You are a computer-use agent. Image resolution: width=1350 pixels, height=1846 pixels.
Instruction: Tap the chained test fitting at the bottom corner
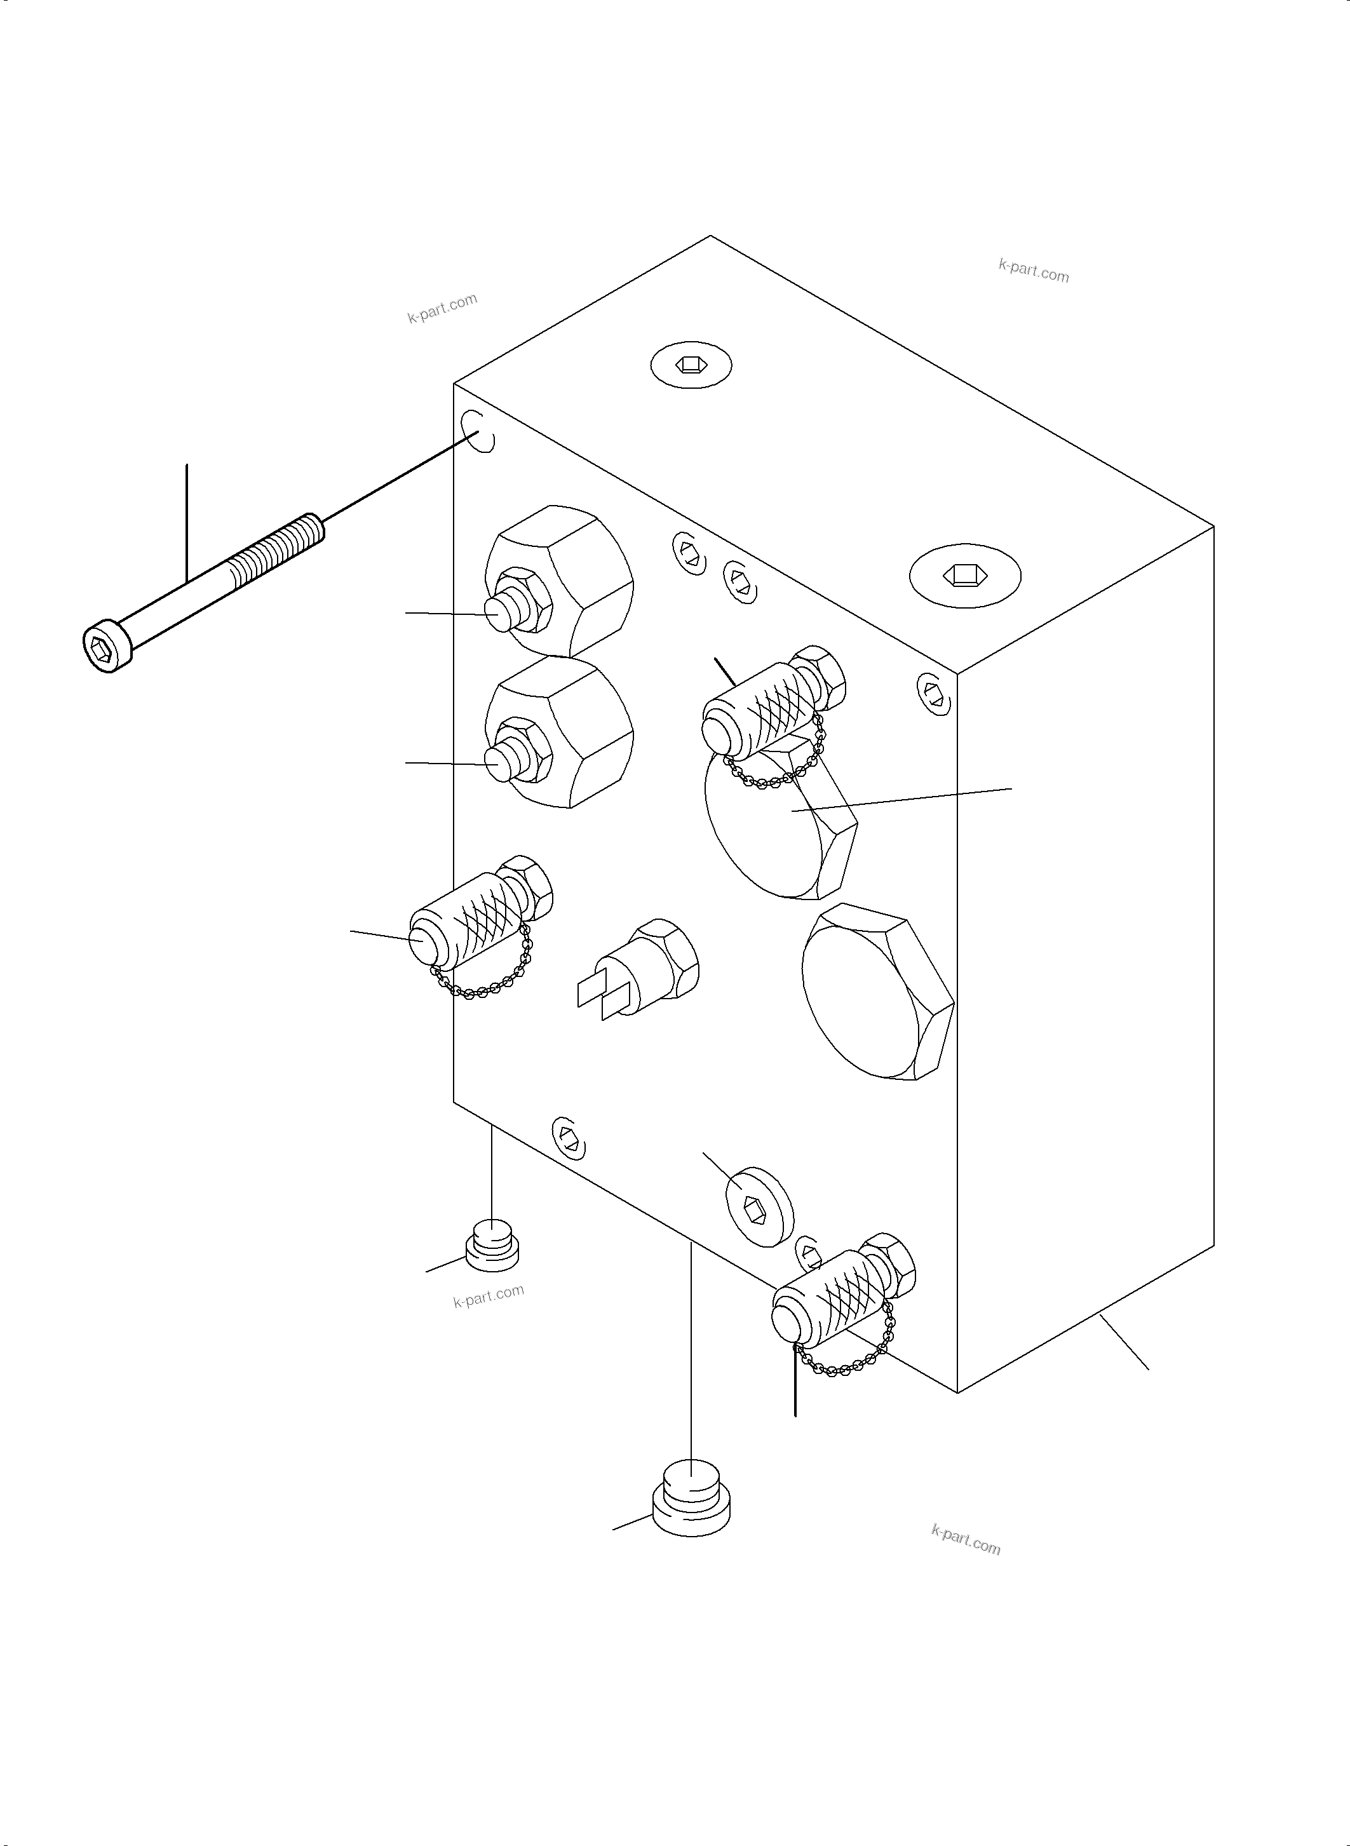pos(834,1299)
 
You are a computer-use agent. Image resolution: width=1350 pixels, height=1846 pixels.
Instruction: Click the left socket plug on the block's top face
pos(691,365)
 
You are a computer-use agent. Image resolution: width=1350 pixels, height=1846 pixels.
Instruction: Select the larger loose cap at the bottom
pos(691,1501)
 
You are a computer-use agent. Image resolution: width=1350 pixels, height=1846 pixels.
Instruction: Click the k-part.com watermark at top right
pos(1033,271)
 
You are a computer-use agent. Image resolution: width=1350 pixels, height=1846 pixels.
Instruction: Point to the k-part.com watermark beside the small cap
pos(488,1296)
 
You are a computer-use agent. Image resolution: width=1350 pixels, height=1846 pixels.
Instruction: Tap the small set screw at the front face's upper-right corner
pos(933,693)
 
